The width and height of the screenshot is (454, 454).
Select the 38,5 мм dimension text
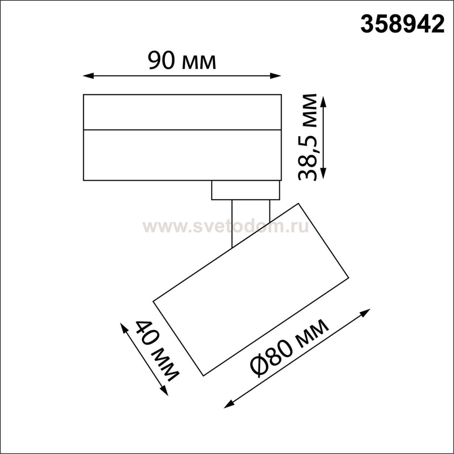coord(307,137)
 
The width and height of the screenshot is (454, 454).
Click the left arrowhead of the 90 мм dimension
coord(88,76)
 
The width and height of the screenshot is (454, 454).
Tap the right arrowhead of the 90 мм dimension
coord(276,76)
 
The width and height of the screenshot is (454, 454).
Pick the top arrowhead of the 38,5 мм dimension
coord(324,102)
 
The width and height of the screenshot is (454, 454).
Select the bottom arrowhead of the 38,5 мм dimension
coord(324,173)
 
